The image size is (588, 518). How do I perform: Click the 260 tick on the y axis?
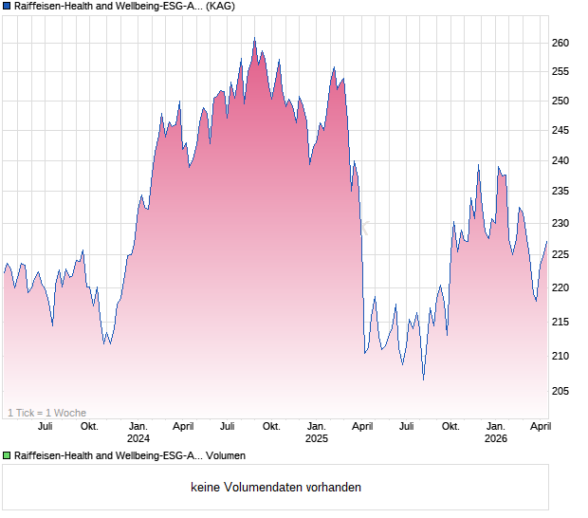[x=560, y=44]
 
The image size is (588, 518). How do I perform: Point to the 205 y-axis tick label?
[x=560, y=391]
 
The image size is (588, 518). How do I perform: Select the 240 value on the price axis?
[x=560, y=161]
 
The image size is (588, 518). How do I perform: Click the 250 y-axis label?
[x=560, y=102]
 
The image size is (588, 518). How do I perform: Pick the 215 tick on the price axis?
[x=560, y=323]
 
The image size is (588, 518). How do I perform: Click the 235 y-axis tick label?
[x=560, y=192]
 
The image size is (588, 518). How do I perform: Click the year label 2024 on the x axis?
[x=138, y=438]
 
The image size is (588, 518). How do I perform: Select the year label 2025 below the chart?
[x=317, y=438]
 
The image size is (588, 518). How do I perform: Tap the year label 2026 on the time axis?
[x=495, y=438]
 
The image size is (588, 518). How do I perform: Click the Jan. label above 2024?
[x=138, y=427]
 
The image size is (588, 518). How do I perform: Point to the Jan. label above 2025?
[x=317, y=427]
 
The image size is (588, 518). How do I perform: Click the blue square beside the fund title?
[x=7, y=7]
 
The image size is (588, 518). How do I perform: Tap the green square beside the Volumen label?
[x=7, y=456]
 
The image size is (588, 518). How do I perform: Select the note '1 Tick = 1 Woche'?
[x=46, y=413]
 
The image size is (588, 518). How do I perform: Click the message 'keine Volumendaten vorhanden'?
[x=276, y=488]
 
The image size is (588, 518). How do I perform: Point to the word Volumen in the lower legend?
[x=225, y=456]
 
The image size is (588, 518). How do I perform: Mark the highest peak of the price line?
[x=254, y=39]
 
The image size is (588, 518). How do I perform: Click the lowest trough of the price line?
[x=423, y=379]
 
